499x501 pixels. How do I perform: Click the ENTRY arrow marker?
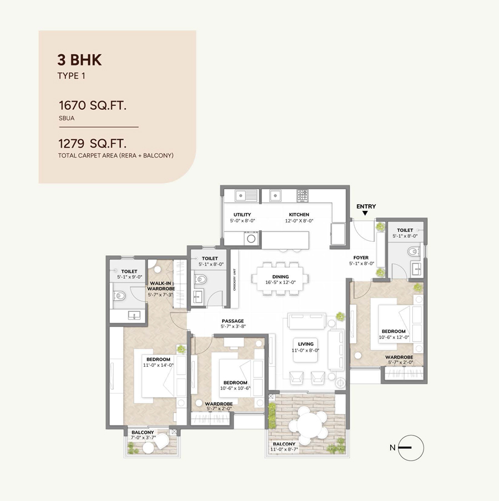point(365,213)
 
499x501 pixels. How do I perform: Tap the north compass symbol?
point(411,448)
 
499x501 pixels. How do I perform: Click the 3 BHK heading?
point(79,60)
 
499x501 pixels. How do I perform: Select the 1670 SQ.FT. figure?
point(93,105)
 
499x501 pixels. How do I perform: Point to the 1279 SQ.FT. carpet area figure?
point(92,144)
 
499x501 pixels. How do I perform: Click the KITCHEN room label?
point(299,215)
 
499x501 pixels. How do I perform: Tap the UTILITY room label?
point(242,215)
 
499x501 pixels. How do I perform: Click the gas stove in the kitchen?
point(303,195)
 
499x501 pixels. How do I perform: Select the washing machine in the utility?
point(251,239)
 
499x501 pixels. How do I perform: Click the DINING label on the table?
point(280,277)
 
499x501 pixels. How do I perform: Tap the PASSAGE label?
point(233,321)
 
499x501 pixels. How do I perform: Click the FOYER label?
point(361,257)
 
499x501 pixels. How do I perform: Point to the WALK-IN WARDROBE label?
point(161,286)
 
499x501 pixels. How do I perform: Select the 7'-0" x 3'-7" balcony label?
point(143,438)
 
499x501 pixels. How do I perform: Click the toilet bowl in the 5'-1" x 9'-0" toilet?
point(119,296)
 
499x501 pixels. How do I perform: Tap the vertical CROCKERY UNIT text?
point(234,279)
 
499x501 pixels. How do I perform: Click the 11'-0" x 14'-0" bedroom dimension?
point(158,365)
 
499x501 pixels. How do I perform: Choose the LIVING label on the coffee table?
point(306,344)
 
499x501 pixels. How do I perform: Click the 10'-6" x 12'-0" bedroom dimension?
point(394,337)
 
